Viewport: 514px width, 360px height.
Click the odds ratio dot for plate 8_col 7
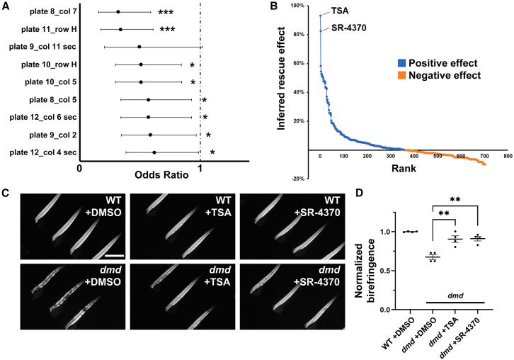118,13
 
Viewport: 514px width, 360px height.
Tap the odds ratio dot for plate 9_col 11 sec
139,47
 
